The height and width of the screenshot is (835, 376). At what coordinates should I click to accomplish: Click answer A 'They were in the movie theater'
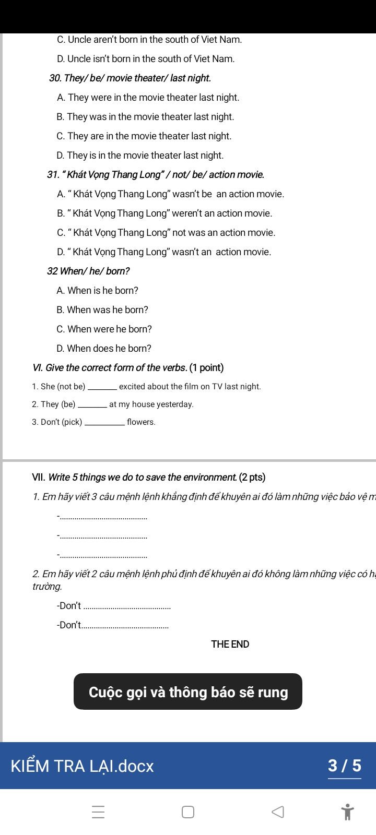pyautogui.click(x=148, y=98)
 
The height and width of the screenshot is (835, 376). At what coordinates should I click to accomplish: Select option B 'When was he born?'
pyautogui.click(x=102, y=310)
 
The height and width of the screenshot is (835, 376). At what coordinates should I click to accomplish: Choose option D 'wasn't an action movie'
pyautogui.click(x=164, y=252)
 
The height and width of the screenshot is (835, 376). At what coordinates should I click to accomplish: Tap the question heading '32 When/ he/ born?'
pyautogui.click(x=88, y=271)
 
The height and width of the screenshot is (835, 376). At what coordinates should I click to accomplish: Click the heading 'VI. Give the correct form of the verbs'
pyautogui.click(x=128, y=368)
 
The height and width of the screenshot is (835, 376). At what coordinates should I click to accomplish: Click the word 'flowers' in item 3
pyautogui.click(x=141, y=422)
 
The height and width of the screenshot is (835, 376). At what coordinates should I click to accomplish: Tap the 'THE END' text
pyautogui.click(x=230, y=645)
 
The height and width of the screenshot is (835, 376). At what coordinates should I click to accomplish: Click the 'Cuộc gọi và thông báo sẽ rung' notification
pyautogui.click(x=188, y=692)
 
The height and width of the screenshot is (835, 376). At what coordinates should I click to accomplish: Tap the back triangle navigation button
pyautogui.click(x=278, y=812)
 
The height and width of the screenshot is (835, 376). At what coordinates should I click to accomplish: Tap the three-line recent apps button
pyautogui.click(x=98, y=812)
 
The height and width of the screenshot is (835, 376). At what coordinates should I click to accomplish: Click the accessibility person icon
pyautogui.click(x=347, y=812)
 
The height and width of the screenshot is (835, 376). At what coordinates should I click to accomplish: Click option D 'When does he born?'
pyautogui.click(x=104, y=349)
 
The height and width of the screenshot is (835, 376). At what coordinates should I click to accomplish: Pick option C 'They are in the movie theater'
pyautogui.click(x=144, y=136)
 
